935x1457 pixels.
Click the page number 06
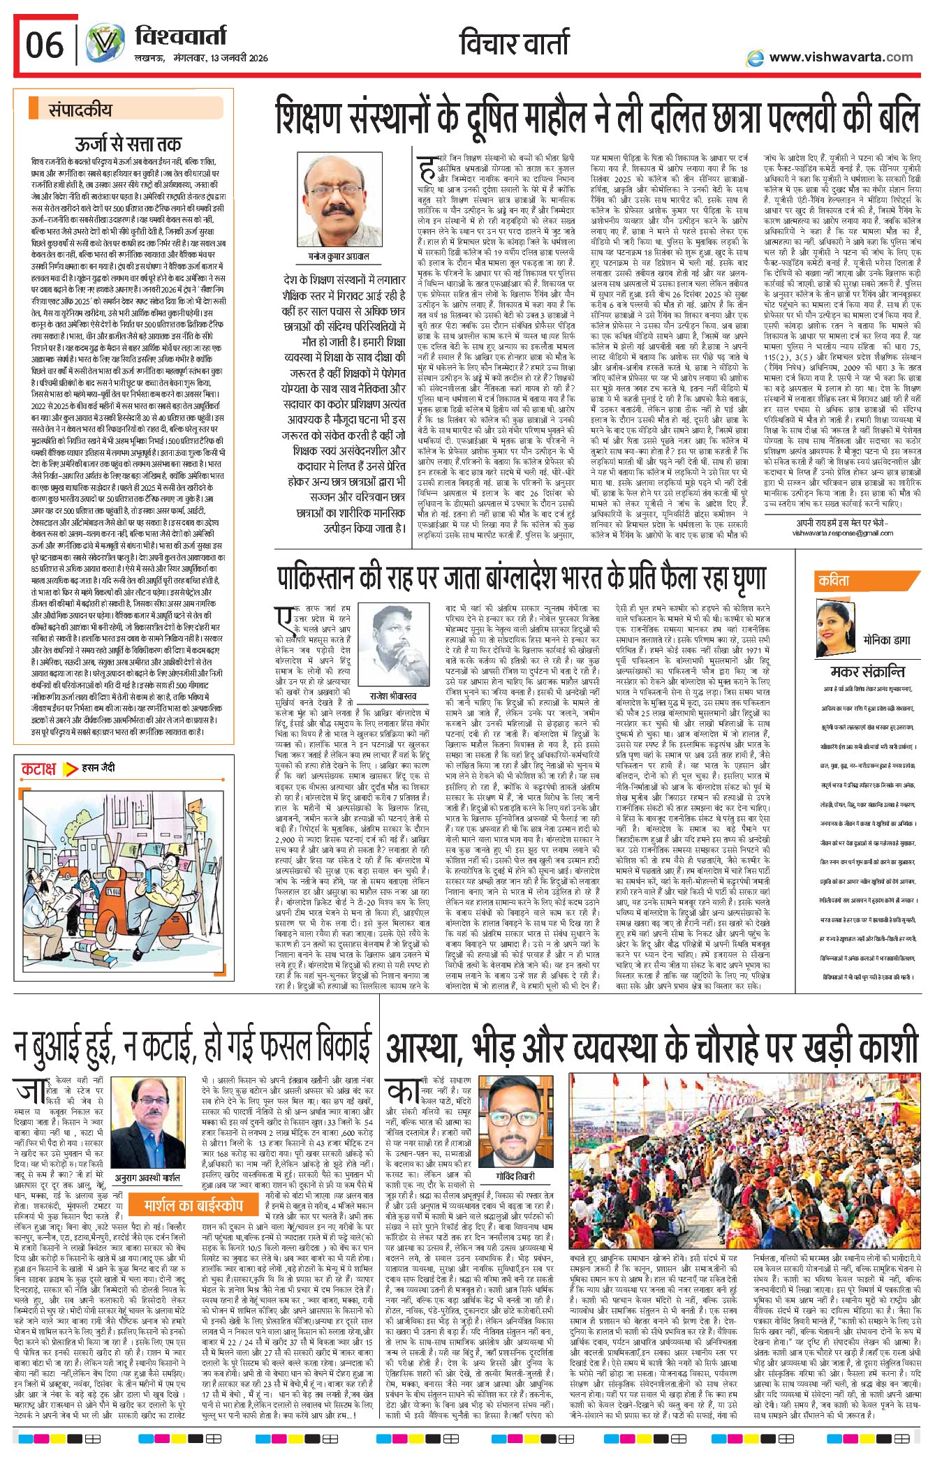coord(45,45)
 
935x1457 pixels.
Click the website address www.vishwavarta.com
coord(840,57)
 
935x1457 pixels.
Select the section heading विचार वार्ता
coord(514,43)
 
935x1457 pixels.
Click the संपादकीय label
coord(80,110)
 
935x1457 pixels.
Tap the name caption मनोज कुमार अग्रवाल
coord(339,256)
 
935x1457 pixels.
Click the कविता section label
coord(834,580)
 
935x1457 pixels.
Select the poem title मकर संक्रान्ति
coord(867,672)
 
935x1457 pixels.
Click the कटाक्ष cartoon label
coord(38,769)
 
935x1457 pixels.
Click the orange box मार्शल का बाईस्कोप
coord(193,1147)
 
